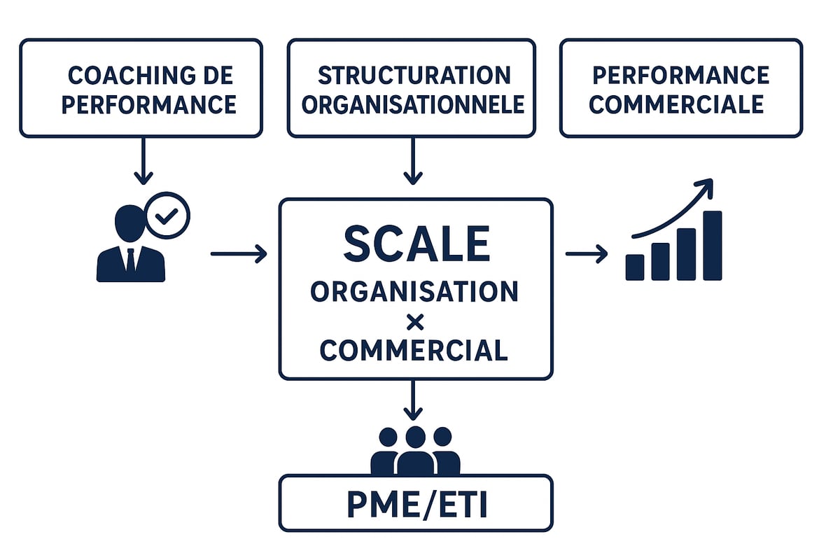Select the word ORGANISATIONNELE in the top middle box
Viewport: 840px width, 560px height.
coord(413,105)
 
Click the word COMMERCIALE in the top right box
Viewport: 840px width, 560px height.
coord(676,105)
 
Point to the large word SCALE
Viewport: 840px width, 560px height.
coord(416,244)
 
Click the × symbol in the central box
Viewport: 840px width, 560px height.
coord(416,321)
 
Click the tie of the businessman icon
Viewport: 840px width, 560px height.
coord(131,260)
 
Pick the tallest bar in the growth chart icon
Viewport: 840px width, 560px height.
coord(712,246)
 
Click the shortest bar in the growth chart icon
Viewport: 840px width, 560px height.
coord(635,267)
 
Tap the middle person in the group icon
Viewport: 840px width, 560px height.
coord(415,451)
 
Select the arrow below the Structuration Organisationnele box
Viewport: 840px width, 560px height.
coord(413,162)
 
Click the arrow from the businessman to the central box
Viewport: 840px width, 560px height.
coord(239,253)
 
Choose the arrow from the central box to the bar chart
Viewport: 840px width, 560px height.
coord(587,253)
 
